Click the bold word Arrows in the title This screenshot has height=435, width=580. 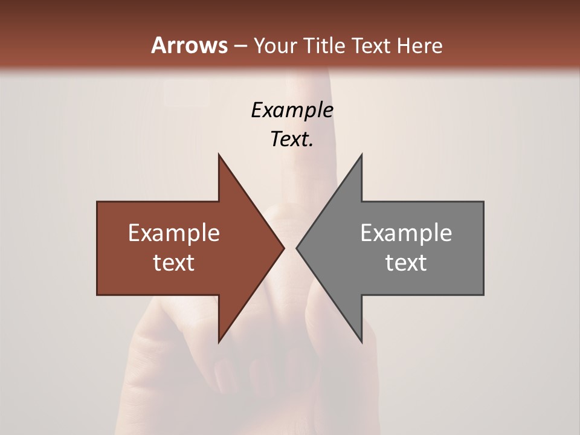[189, 45]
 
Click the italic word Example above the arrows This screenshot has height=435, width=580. [292, 111]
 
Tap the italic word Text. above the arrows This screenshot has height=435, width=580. [292, 140]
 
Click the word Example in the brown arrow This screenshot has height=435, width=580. [174, 233]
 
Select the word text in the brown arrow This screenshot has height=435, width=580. [174, 263]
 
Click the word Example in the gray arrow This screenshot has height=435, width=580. [406, 233]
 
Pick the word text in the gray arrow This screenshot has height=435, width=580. [406, 263]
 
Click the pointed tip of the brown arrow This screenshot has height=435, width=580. [284, 248]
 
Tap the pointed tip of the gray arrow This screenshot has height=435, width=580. [297, 248]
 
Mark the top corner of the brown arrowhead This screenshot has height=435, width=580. [219, 155]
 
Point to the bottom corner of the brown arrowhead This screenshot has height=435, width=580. [219, 342]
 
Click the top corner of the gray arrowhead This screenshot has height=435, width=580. [361, 155]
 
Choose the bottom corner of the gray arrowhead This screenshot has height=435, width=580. [361, 342]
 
